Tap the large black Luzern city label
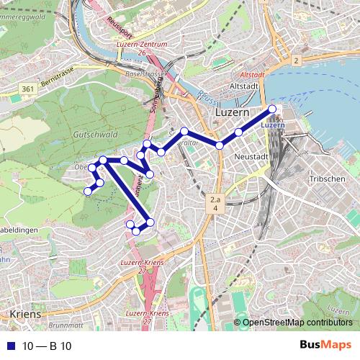232,114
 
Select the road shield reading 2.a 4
215,202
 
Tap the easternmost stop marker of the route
272,109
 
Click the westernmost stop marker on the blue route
88,191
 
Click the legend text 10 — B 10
46,346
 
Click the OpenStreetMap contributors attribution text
297,323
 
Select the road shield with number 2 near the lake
295,61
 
